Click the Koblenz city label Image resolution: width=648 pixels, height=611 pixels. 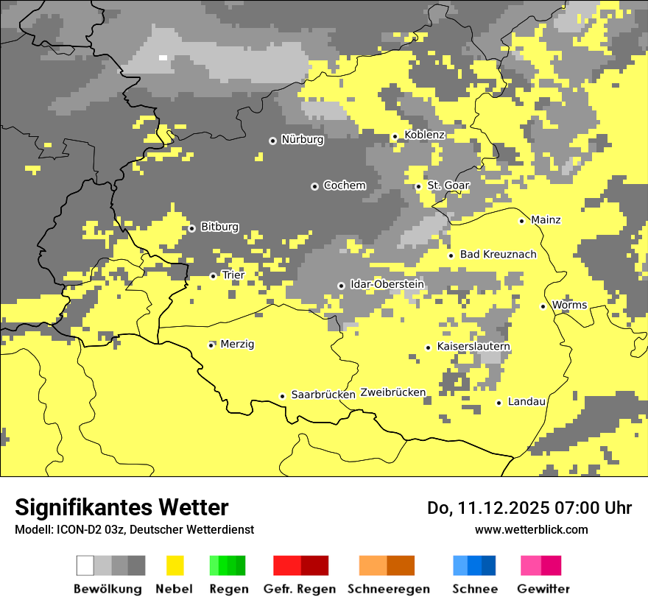pyautogui.click(x=424, y=135)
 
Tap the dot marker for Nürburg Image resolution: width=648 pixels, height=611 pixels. pyautogui.click(x=272, y=140)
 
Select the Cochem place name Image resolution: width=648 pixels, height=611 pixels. pyautogui.click(x=344, y=186)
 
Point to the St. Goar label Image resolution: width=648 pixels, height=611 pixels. pyautogui.click(x=448, y=186)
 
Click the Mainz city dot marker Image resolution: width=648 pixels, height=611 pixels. pyautogui.click(x=521, y=221)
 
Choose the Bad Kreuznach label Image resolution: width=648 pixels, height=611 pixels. pyautogui.click(x=498, y=255)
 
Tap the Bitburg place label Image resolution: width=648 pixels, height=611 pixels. pyautogui.click(x=219, y=227)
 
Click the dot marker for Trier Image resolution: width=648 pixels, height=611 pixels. pyautogui.click(x=214, y=276)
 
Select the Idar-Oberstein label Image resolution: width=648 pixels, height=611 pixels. pyautogui.click(x=387, y=284)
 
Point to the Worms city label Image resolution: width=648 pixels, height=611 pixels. pyautogui.click(x=569, y=305)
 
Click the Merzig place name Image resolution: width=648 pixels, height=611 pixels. pyautogui.click(x=237, y=344)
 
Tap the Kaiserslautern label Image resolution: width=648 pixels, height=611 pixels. pyautogui.click(x=473, y=347)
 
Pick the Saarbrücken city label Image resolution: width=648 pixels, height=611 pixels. pyautogui.click(x=323, y=395)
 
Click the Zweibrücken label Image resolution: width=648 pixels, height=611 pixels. pyautogui.click(x=392, y=392)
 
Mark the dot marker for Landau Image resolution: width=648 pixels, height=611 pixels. pyautogui.click(x=499, y=403)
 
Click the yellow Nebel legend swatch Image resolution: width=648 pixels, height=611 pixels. pyautogui.click(x=175, y=565)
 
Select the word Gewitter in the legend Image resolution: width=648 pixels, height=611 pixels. pyautogui.click(x=543, y=589)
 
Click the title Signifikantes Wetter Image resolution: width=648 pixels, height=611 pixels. pyautogui.click(x=121, y=507)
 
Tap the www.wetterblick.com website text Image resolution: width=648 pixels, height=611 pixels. pyautogui.click(x=531, y=530)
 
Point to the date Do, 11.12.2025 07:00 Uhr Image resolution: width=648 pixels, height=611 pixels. pyautogui.click(x=529, y=508)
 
